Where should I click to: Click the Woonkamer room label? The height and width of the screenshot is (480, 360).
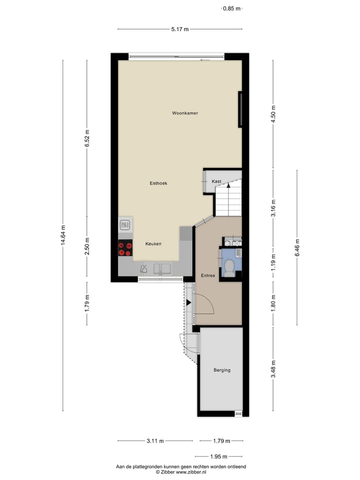(185, 113)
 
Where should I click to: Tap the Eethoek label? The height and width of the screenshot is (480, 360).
(158, 183)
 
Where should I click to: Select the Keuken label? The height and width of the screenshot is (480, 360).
(153, 244)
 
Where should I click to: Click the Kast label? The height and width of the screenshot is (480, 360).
(216, 181)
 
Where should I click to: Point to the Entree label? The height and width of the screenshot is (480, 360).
(208, 275)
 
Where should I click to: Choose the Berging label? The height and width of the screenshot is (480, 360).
(221, 370)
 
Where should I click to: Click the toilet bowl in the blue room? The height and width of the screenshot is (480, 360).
(229, 267)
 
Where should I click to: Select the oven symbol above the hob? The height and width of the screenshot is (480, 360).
(125, 225)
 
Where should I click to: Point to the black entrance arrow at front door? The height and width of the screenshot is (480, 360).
(188, 302)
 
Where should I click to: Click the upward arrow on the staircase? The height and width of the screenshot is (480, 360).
(228, 185)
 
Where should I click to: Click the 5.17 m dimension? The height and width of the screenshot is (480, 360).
(179, 29)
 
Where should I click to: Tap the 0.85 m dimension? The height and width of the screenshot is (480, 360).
(231, 8)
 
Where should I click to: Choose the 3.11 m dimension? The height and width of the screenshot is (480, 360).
(155, 441)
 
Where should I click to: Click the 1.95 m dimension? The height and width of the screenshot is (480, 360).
(218, 456)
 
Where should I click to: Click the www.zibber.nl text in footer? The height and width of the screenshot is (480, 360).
(188, 471)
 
